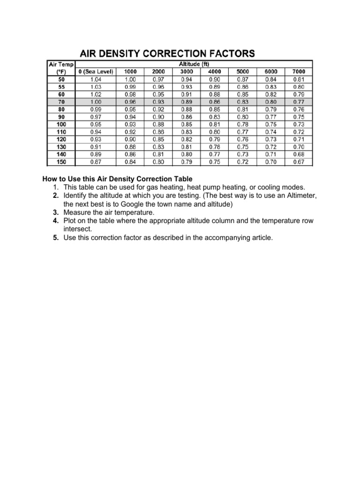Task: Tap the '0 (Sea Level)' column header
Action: (95, 72)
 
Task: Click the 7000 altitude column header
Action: (299, 72)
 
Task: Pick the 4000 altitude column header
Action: (215, 72)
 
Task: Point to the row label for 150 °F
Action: (61, 162)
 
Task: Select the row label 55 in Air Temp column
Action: (61, 87)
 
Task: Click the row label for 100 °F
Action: (61, 124)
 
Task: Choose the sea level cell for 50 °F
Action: (95, 79)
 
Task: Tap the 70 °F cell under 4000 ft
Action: (215, 102)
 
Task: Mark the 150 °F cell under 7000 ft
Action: (299, 162)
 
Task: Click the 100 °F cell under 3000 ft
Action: (187, 124)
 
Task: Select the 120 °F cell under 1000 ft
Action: (130, 139)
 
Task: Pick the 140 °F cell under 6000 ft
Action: (271, 154)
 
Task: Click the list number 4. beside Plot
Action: (56, 221)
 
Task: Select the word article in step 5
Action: (260, 238)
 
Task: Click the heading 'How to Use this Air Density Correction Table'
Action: (117, 179)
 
